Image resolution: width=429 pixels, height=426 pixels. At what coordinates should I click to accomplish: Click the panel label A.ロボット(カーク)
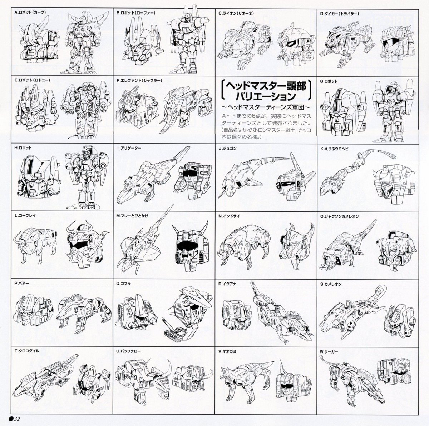(x=30, y=13)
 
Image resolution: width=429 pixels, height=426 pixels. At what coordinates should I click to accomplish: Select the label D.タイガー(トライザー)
(x=340, y=14)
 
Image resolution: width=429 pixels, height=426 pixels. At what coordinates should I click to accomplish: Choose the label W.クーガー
(x=329, y=352)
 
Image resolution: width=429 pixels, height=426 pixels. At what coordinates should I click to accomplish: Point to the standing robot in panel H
(x=87, y=177)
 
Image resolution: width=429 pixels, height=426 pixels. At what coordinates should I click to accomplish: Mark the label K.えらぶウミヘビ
(x=337, y=149)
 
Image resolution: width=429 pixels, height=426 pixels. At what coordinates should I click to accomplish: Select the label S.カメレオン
(x=331, y=284)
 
